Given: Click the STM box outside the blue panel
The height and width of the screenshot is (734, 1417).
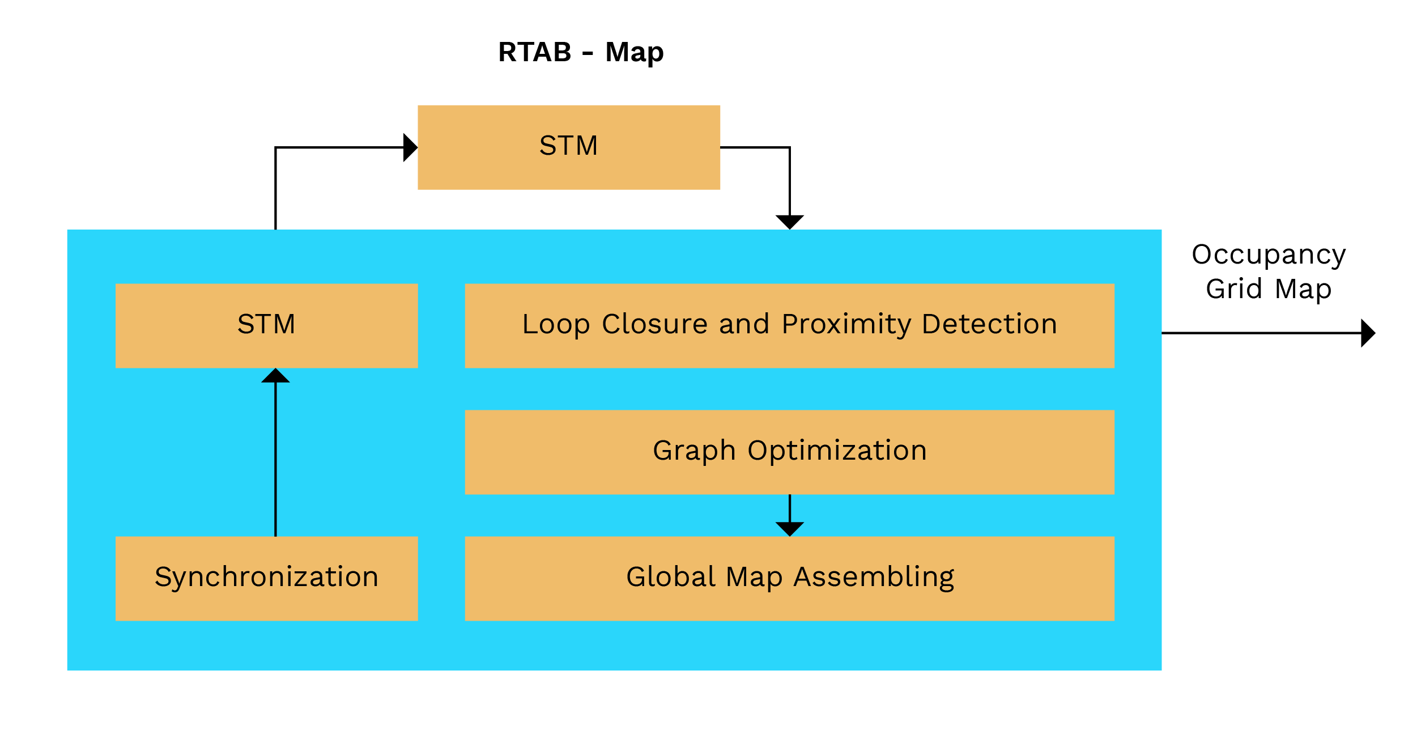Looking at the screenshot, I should [x=569, y=147].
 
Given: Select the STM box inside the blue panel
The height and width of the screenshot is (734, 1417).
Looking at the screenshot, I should [x=266, y=325].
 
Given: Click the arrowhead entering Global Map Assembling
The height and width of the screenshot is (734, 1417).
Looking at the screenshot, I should [x=789, y=529].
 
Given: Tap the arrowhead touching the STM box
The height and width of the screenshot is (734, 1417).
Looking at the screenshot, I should [x=275, y=376].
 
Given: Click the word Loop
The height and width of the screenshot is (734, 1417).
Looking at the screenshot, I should [x=556, y=325].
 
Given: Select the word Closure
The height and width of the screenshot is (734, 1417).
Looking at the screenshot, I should [x=654, y=324].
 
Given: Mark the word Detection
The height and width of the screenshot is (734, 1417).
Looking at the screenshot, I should [x=989, y=324].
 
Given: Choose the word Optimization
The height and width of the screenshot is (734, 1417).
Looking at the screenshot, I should [x=837, y=451].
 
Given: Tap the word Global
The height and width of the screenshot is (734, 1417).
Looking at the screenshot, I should [x=671, y=577].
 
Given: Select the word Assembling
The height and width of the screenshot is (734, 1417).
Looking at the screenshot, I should [x=874, y=578].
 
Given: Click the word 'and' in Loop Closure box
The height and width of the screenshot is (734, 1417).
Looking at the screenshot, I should [x=744, y=324].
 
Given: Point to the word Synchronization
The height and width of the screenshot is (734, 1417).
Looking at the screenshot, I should [x=266, y=577].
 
